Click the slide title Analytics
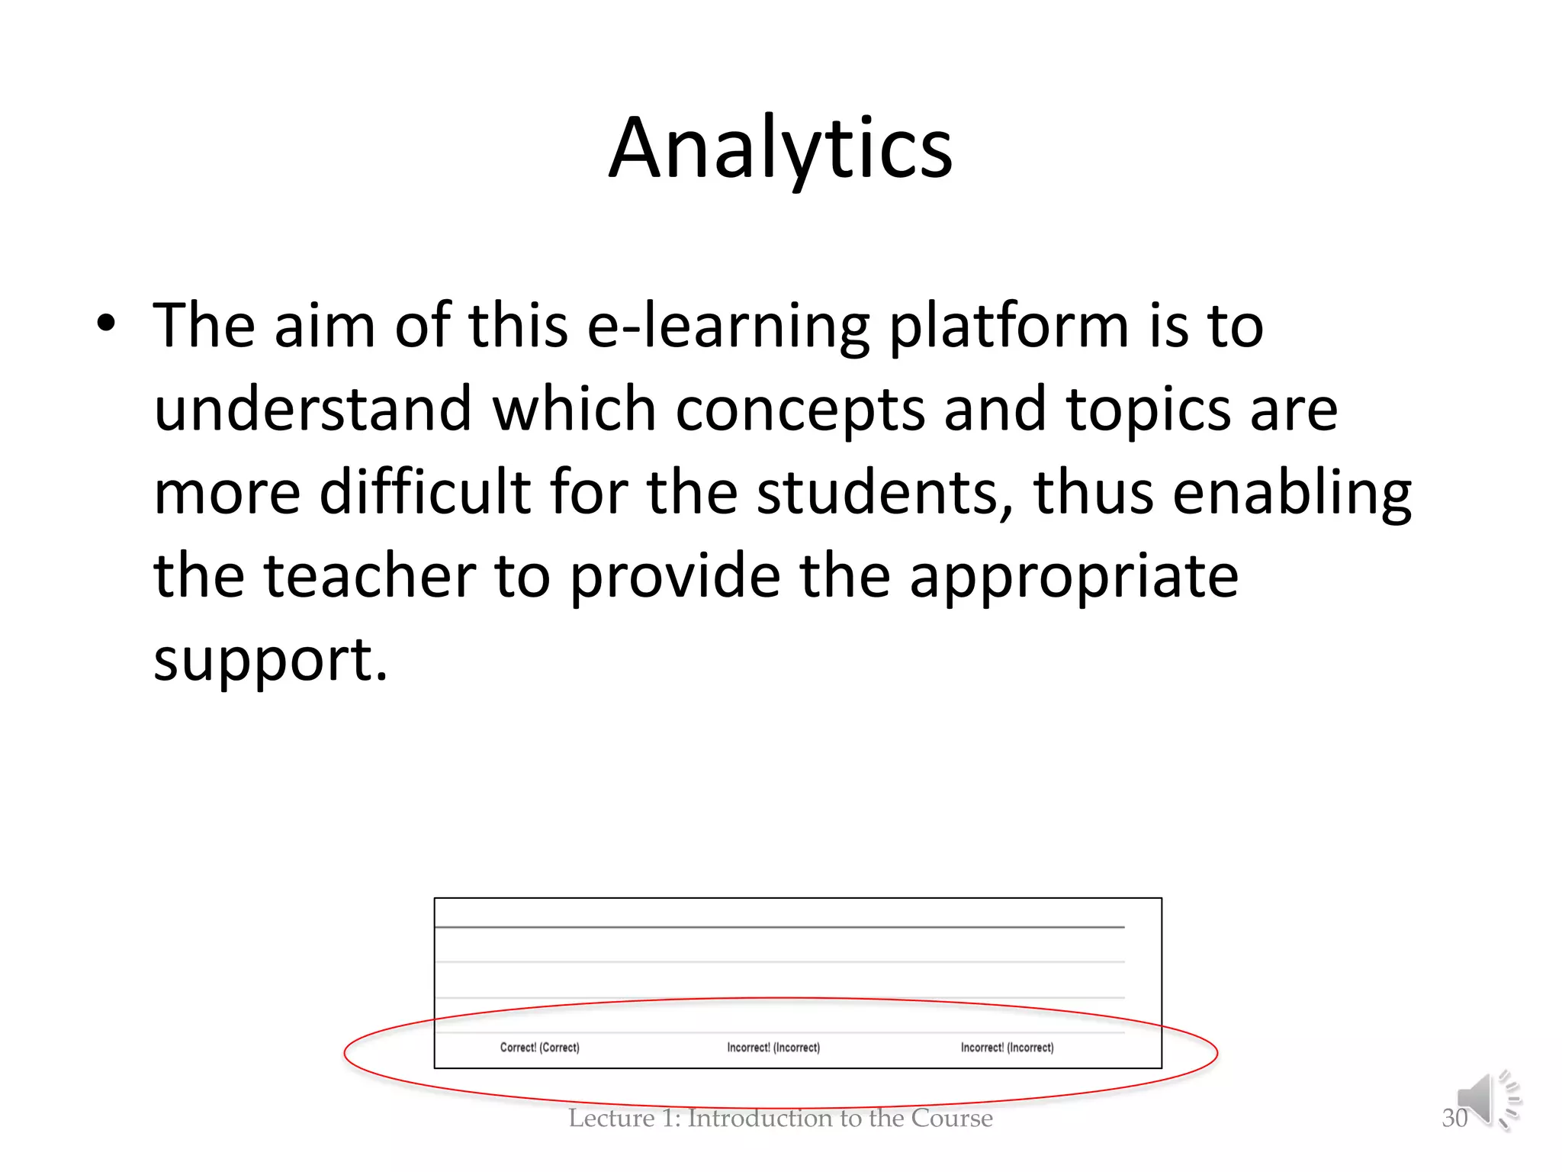coord(780,148)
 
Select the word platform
coord(1008,327)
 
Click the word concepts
coord(800,411)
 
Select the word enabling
coord(1291,494)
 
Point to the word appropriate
coord(1074,578)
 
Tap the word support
coord(271,660)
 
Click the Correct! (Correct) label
coord(539,1048)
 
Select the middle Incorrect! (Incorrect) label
coord(773,1048)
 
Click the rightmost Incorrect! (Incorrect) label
coord(1007,1048)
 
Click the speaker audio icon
coord(1486,1100)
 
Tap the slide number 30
coord(1454,1119)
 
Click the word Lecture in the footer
coord(611,1119)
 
